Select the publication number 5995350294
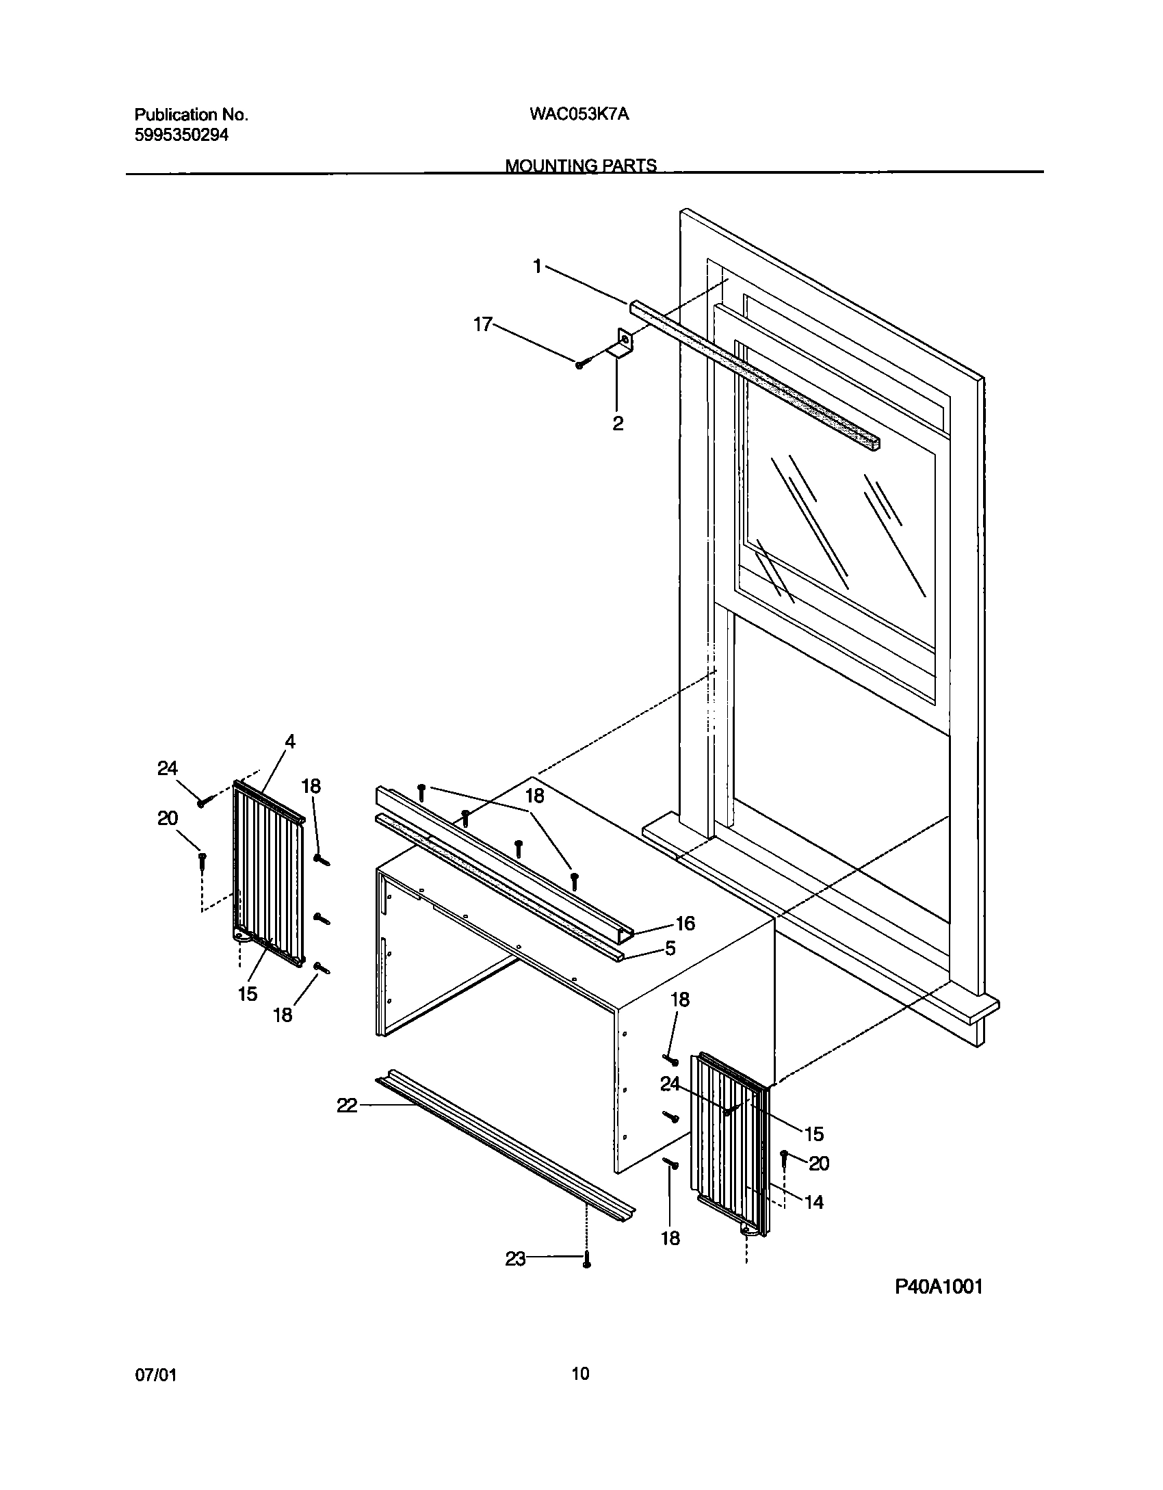pos(181,135)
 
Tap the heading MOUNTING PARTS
pos(581,166)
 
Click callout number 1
pos(538,266)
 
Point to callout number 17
pos(483,324)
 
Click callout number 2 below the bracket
pos(618,423)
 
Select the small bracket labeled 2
pos(623,344)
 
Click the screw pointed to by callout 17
pos(579,365)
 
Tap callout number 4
pos(290,742)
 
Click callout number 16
pos(685,924)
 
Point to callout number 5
pos(670,949)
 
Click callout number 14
pos(814,1202)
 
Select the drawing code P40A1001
pos(939,1287)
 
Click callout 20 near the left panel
pos(168,818)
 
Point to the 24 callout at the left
pos(168,769)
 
